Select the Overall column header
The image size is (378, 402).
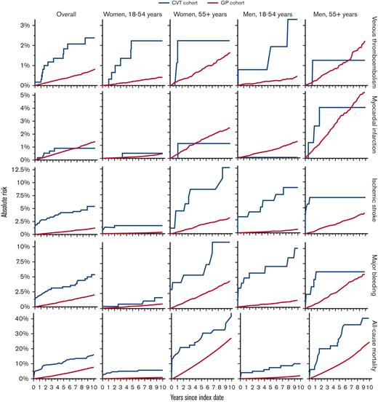click(x=65, y=14)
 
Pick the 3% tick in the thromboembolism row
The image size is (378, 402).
click(x=23, y=25)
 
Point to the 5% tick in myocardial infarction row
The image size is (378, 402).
click(x=23, y=95)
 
